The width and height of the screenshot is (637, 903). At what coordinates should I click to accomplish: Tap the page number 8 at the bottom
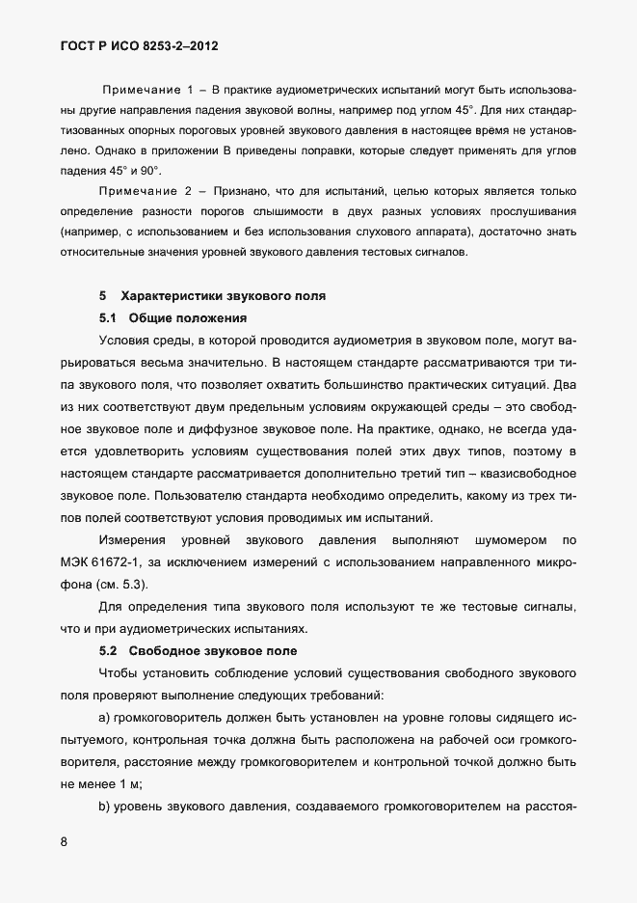(x=64, y=841)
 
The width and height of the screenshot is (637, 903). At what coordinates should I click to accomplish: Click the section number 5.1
(x=108, y=317)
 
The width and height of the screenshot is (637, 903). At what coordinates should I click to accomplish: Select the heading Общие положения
(x=188, y=317)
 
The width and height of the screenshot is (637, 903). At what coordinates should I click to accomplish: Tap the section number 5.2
(x=108, y=650)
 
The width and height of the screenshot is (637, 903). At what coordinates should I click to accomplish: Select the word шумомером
(x=494, y=539)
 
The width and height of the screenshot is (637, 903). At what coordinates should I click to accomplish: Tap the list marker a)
(x=105, y=718)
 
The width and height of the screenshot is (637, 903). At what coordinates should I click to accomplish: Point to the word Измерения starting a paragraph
(x=131, y=539)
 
